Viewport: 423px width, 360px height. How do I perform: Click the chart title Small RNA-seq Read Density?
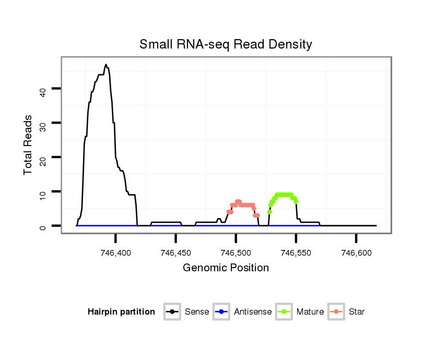pyautogui.click(x=226, y=44)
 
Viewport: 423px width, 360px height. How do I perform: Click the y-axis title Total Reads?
pyautogui.click(x=28, y=145)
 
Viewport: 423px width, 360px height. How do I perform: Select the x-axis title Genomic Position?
pyautogui.click(x=226, y=268)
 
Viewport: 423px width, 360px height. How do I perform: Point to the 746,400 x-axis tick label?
pyautogui.click(x=115, y=253)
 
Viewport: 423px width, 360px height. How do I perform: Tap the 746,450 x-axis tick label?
pyautogui.click(x=175, y=253)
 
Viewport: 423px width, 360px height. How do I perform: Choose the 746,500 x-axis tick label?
pyautogui.click(x=236, y=253)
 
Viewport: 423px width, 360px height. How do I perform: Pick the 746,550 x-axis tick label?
pyautogui.click(x=296, y=253)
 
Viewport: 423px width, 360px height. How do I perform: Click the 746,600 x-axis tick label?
pyautogui.click(x=356, y=253)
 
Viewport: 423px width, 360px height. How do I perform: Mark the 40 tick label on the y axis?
pyautogui.click(x=43, y=92)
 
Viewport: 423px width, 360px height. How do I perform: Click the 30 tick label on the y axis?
pyautogui.click(x=43, y=126)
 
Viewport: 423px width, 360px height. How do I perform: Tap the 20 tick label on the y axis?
pyautogui.click(x=43, y=161)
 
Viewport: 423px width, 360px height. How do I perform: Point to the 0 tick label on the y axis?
pyautogui.click(x=43, y=226)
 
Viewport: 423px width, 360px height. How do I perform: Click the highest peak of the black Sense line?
pyautogui.click(x=105, y=65)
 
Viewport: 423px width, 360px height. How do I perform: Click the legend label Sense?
pyautogui.click(x=197, y=312)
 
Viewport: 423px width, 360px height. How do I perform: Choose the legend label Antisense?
pyautogui.click(x=253, y=312)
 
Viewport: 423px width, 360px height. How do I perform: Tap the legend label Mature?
pyautogui.click(x=310, y=312)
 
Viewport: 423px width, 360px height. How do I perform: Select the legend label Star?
pyautogui.click(x=356, y=312)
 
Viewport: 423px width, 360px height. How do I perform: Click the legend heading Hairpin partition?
pyautogui.click(x=121, y=312)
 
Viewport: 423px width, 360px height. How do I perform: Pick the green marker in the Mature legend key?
pyautogui.click(x=284, y=312)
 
